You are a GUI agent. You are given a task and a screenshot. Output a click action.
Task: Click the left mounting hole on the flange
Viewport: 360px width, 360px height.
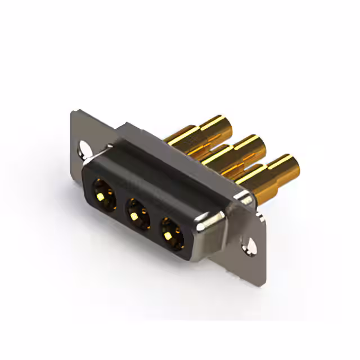tap(84, 150)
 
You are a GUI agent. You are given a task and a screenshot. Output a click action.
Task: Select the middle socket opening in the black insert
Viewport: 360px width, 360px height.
tap(135, 212)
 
